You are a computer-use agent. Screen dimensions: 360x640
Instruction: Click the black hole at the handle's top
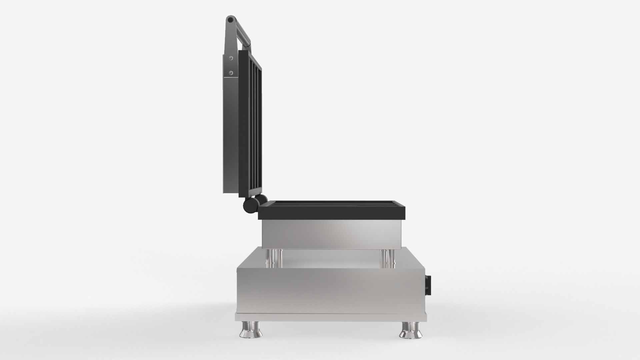pos(230,20)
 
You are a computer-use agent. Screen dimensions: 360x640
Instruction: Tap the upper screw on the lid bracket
pos(231,58)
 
